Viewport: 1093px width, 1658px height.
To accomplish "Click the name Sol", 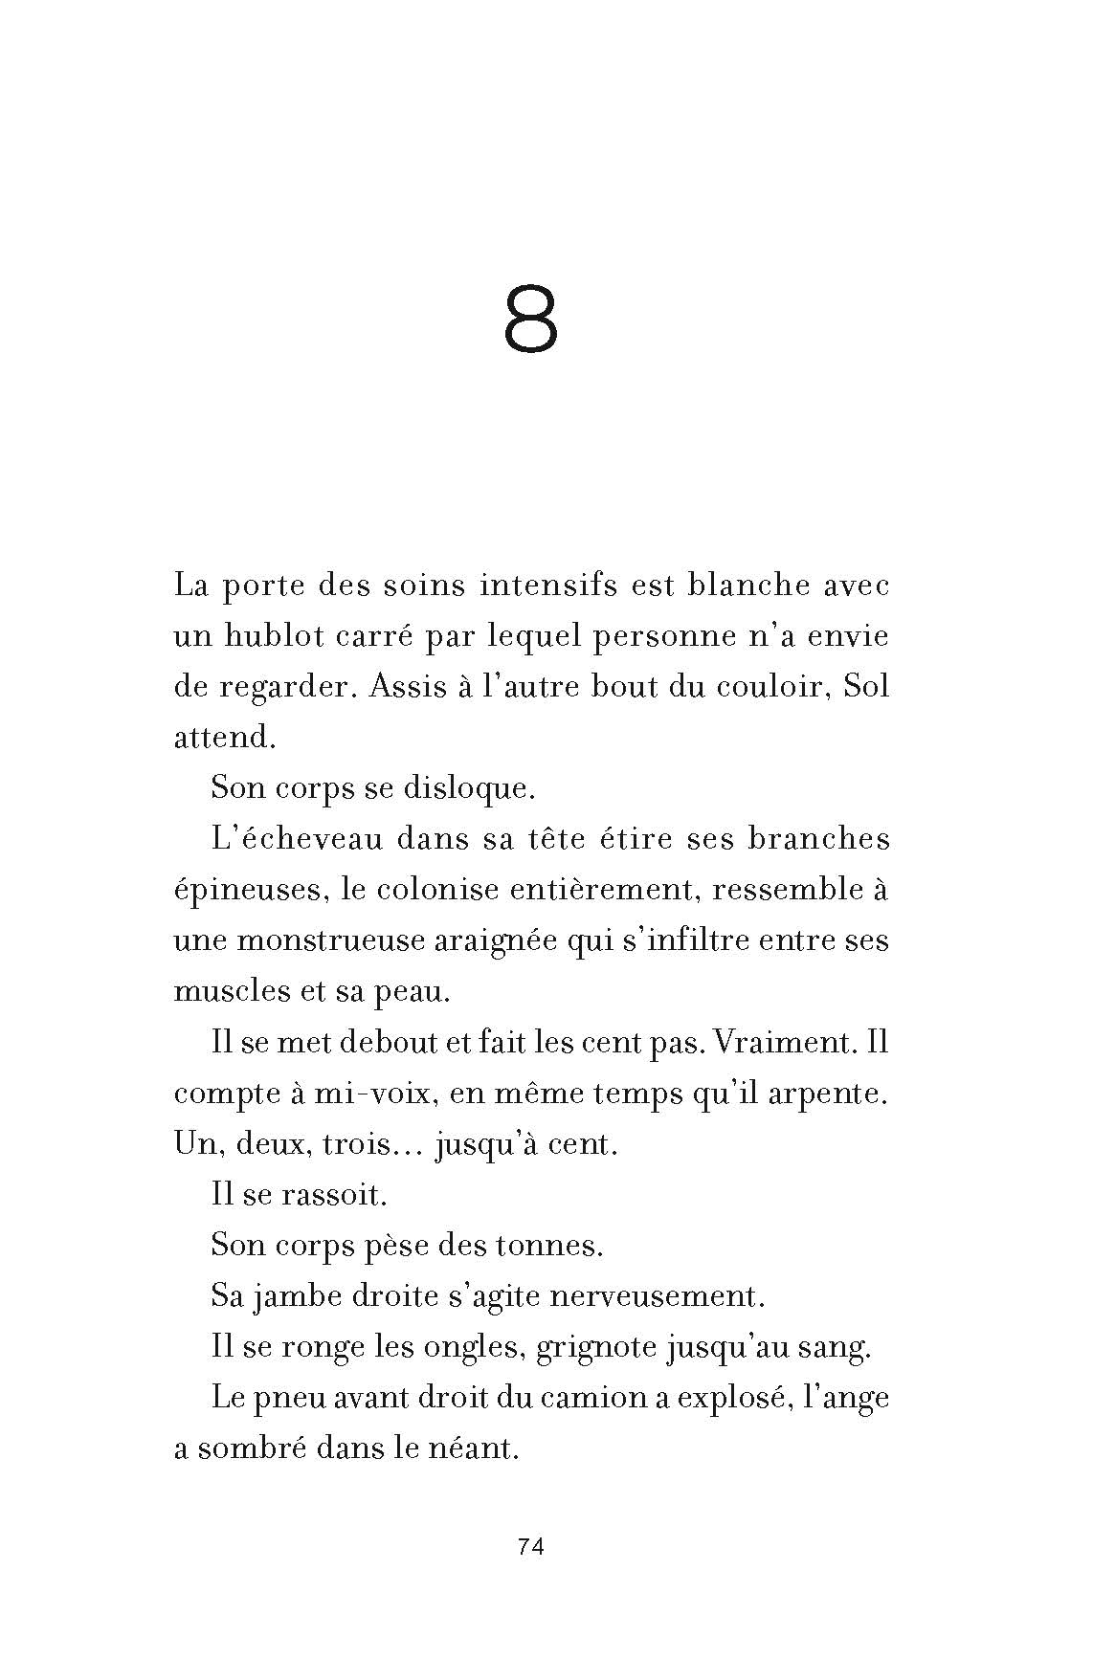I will pyautogui.click(x=866, y=687).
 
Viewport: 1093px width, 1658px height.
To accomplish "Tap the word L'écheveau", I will pyautogui.click(x=293, y=839).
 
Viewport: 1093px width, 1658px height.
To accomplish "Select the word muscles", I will pyautogui.click(x=229, y=991).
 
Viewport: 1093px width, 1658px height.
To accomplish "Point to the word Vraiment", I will pyautogui.click(x=784, y=1042).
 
